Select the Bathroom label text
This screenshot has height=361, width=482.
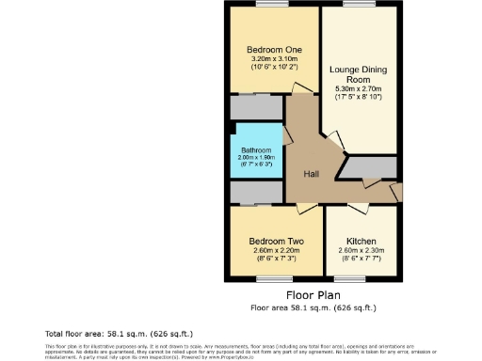pyautogui.click(x=255, y=149)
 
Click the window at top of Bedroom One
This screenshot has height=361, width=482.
pyautogui.click(x=273, y=6)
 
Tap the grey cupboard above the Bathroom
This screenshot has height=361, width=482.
pyautogui.click(x=256, y=107)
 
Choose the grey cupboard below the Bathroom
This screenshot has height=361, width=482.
pyautogui.click(x=256, y=193)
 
